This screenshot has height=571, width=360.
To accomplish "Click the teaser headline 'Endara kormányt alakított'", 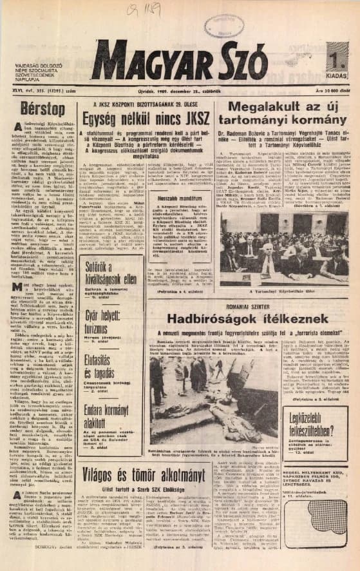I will click(x=105, y=414).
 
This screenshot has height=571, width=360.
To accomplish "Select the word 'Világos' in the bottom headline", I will click(x=107, y=457).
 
